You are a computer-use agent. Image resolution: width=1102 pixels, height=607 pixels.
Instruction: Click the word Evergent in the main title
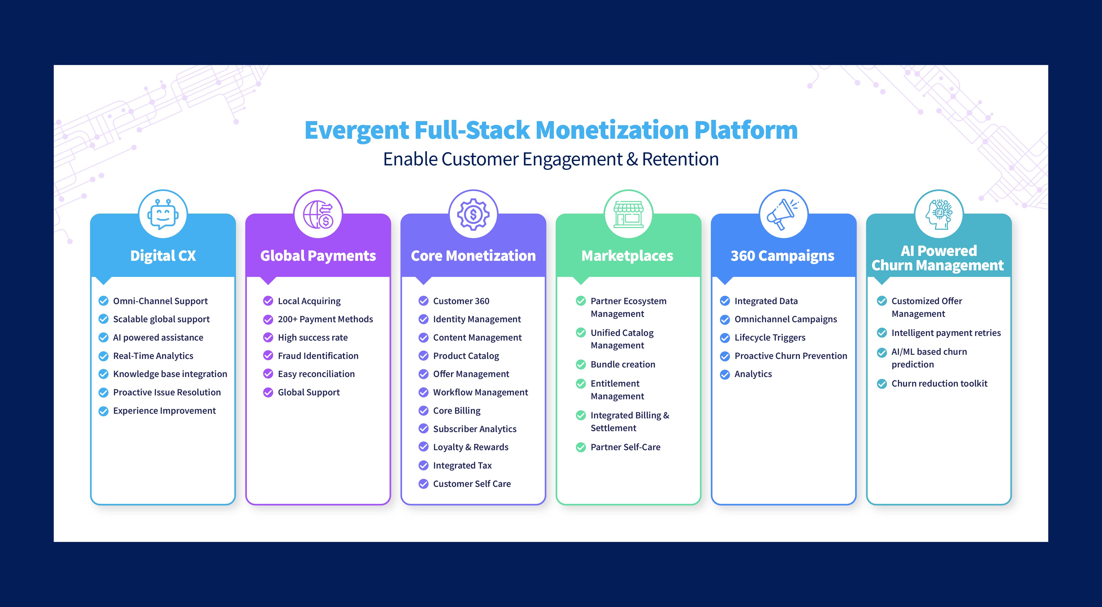point(357,130)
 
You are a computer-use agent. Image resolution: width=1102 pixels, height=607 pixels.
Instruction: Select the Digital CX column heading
point(163,256)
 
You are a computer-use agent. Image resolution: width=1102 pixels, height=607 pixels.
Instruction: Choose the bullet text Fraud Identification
point(318,356)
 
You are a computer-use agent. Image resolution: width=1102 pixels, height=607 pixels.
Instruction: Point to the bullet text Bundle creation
point(623,365)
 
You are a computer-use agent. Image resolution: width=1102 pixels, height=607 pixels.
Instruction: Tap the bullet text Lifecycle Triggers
point(770,338)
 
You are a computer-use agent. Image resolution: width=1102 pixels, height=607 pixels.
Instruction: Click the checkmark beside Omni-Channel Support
point(104,301)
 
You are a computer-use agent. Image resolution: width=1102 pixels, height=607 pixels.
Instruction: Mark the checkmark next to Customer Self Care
point(423,484)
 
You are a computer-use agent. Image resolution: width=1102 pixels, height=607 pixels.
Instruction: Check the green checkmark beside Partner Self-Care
point(581,447)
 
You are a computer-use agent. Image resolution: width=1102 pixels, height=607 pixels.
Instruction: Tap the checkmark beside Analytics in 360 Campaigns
point(725,375)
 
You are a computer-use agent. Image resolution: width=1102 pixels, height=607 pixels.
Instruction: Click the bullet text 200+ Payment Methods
point(325,319)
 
